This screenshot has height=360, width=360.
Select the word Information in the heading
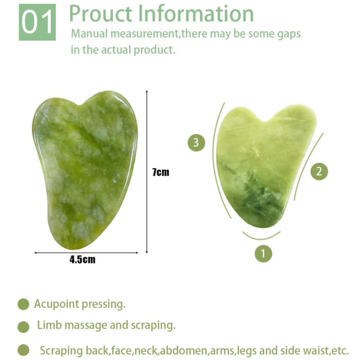pos(200,13)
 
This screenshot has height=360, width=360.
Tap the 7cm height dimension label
pos(160,172)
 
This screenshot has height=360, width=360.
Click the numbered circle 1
pos(263,253)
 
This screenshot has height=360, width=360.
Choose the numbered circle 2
pos(319,171)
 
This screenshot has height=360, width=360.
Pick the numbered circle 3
pos(196,142)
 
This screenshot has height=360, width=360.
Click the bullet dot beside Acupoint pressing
pos(23,304)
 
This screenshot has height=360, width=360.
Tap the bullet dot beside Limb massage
pos(23,327)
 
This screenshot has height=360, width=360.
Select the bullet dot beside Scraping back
pos(23,350)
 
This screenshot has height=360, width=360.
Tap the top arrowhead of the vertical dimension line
pos(146,92)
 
